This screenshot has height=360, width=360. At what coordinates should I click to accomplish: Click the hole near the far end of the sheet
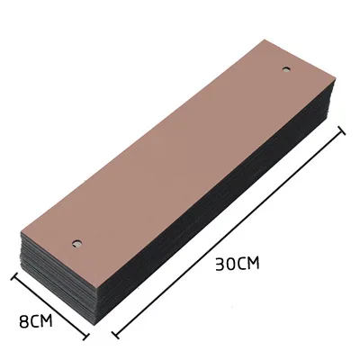[x=287, y=69]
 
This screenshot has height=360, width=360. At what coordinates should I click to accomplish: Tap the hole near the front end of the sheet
[x=77, y=244]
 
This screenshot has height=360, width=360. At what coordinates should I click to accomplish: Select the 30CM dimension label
[x=238, y=264]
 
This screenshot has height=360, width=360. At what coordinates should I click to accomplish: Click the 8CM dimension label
[x=35, y=320]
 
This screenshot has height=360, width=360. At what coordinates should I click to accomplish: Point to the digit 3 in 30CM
[x=220, y=265]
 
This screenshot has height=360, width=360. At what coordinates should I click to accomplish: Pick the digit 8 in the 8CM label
[x=23, y=320]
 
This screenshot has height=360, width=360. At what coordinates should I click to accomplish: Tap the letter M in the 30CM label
[x=253, y=264]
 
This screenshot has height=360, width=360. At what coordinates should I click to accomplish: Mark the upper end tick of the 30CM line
[x=342, y=130]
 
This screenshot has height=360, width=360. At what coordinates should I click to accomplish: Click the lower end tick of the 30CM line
[x=115, y=334]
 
